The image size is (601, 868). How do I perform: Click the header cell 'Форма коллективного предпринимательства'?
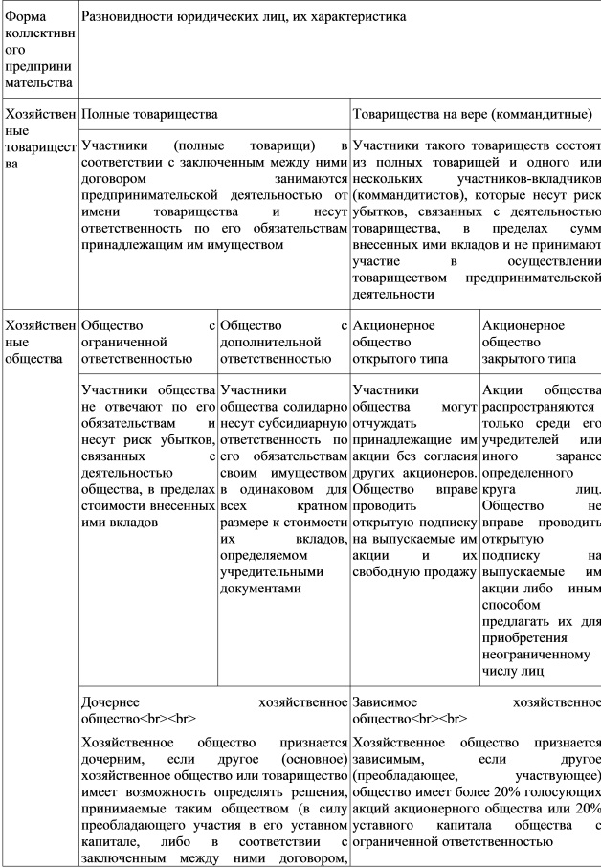38,49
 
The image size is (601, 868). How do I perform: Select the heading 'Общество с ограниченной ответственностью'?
148,342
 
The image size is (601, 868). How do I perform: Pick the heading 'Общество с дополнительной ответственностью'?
283,342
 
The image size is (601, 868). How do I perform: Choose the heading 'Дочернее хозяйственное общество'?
214,709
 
